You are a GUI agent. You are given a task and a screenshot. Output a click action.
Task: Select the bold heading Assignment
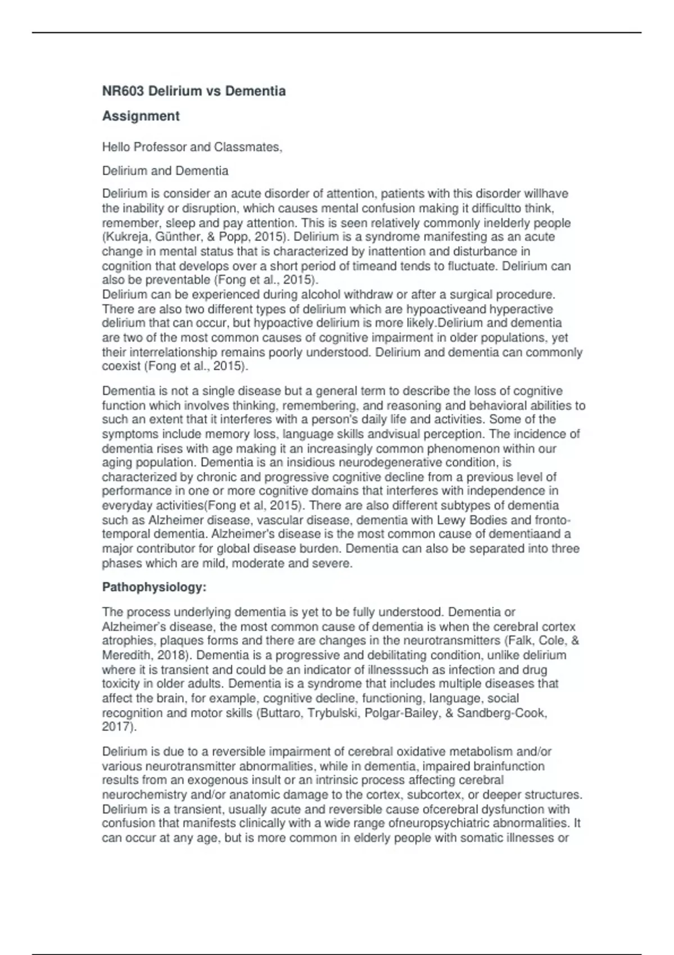(140, 116)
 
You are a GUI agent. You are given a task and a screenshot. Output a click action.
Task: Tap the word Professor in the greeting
(160, 147)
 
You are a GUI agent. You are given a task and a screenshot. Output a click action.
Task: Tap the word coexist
(121, 366)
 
